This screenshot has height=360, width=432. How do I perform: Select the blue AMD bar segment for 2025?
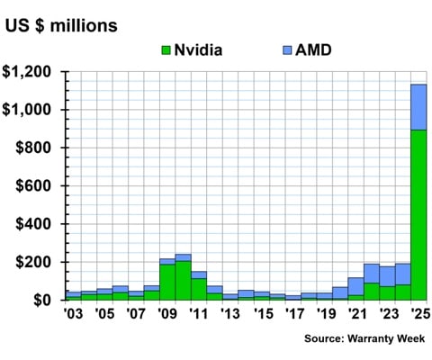click(x=418, y=107)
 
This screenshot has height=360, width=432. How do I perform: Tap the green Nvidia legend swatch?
click(x=166, y=50)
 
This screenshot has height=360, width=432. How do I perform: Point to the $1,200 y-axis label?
click(x=33, y=72)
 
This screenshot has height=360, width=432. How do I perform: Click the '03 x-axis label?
click(x=73, y=315)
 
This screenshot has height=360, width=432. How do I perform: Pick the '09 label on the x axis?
click(x=166, y=315)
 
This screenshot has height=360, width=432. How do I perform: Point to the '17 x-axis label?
click(x=292, y=315)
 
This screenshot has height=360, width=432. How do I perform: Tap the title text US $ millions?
click(x=61, y=25)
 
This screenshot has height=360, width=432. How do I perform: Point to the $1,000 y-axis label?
click(x=33, y=110)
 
